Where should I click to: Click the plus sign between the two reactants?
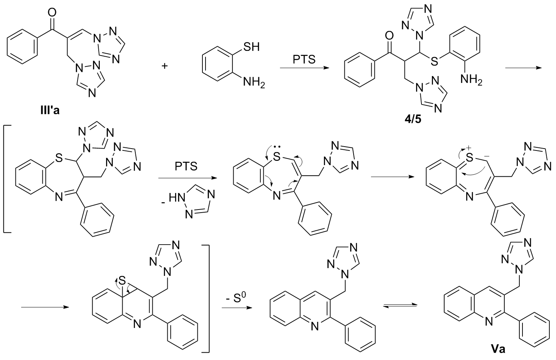click(165, 66)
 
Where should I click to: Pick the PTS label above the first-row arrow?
click(304, 59)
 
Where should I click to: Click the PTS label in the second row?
click(187, 167)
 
